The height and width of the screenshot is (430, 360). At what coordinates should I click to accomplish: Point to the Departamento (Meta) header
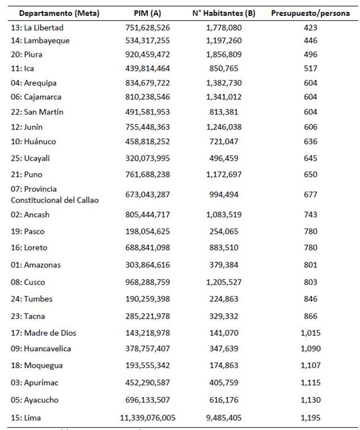[55, 13]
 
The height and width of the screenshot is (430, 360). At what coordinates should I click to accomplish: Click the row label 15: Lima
[27, 418]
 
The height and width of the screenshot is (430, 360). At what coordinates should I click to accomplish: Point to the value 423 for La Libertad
[310, 27]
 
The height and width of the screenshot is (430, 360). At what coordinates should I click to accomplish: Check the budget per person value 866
[310, 315]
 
